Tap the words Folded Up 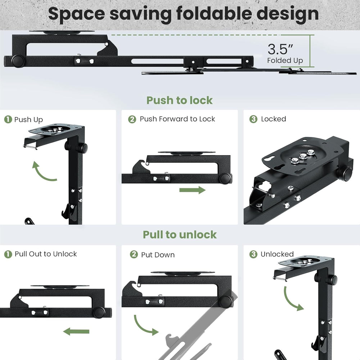tap(285, 60)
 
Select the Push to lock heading tap(179, 100)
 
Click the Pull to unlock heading tap(180, 235)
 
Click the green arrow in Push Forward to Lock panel tap(192, 190)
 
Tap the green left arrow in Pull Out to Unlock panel tap(77, 331)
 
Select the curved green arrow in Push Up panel tap(44, 172)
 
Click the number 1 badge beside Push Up tap(8, 120)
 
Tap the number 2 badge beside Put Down tap(134, 255)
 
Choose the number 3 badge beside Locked tap(253, 119)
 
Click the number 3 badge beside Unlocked tap(253, 254)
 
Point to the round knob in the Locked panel tap(346, 174)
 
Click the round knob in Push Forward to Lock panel tap(226, 177)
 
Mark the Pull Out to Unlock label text tap(46, 254)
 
